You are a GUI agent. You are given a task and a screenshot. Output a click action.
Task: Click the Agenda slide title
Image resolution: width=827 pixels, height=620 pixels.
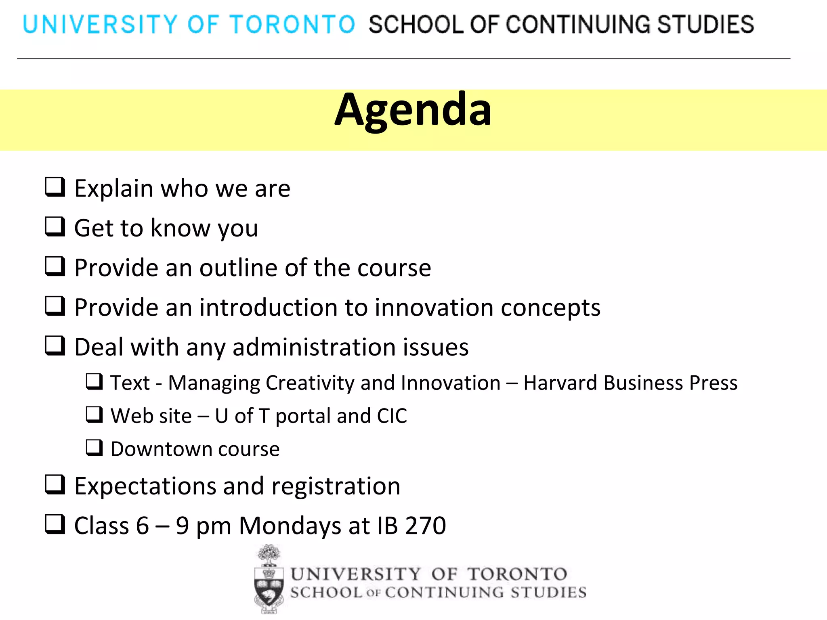413,110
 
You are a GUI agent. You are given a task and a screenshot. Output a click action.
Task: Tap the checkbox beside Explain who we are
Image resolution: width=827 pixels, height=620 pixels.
55,187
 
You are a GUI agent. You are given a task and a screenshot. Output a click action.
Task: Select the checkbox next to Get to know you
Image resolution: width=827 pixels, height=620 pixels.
55,226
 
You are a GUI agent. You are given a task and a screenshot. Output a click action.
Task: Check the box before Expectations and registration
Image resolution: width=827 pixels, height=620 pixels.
55,484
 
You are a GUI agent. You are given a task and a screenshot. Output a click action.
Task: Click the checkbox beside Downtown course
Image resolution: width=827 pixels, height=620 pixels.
94,448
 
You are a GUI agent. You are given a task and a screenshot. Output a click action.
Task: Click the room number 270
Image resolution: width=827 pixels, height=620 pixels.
426,526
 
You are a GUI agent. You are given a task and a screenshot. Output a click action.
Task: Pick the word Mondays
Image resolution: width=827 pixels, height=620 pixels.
290,526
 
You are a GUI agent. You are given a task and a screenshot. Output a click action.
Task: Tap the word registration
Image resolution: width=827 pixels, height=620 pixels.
336,486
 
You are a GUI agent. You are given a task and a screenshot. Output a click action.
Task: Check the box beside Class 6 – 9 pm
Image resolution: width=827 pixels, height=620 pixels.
55,524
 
